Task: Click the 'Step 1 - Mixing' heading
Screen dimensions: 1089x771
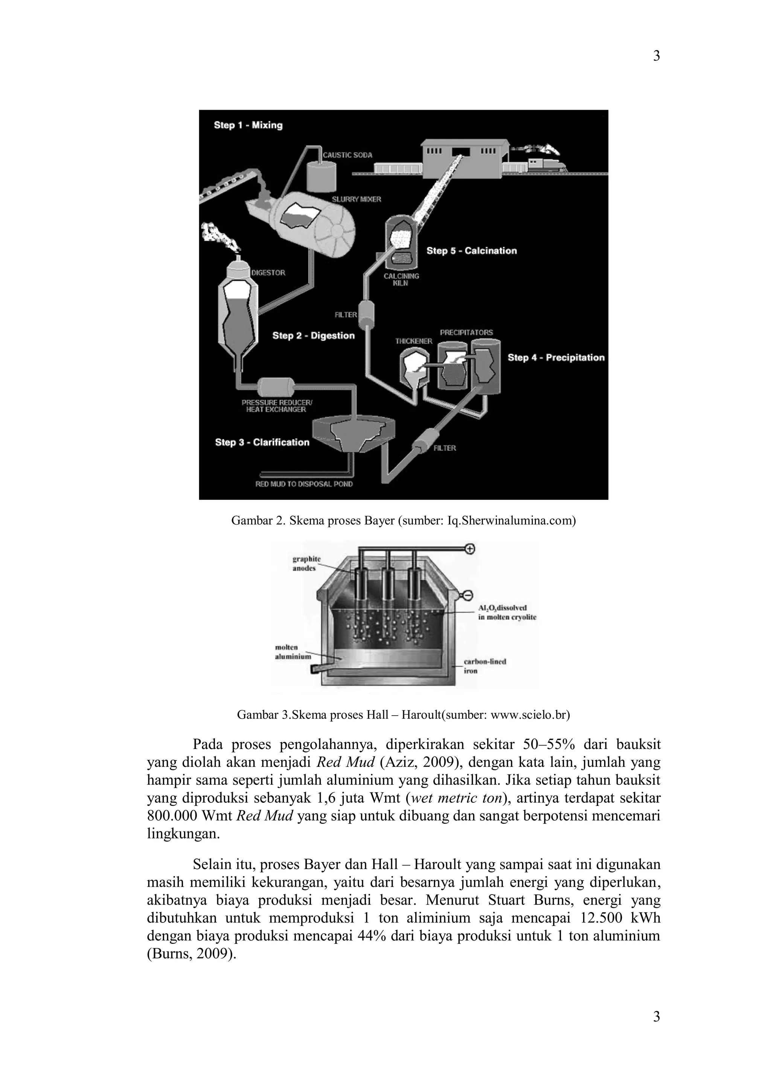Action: point(248,125)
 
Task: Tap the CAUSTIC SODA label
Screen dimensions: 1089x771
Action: point(347,155)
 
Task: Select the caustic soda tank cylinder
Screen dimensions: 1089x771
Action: point(320,176)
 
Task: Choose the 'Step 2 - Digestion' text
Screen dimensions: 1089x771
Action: point(313,336)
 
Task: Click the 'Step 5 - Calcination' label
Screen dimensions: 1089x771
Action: point(471,251)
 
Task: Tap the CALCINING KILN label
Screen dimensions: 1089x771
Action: point(401,279)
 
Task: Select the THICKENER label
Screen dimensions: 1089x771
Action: point(413,341)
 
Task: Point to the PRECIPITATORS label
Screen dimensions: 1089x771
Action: point(466,332)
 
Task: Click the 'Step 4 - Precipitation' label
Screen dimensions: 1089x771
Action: point(556,358)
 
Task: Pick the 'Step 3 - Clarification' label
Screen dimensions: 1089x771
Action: point(262,443)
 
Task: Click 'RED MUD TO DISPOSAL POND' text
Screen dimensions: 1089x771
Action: point(304,484)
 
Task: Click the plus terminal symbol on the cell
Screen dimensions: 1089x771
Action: point(470,549)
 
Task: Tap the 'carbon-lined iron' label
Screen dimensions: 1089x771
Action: point(485,666)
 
